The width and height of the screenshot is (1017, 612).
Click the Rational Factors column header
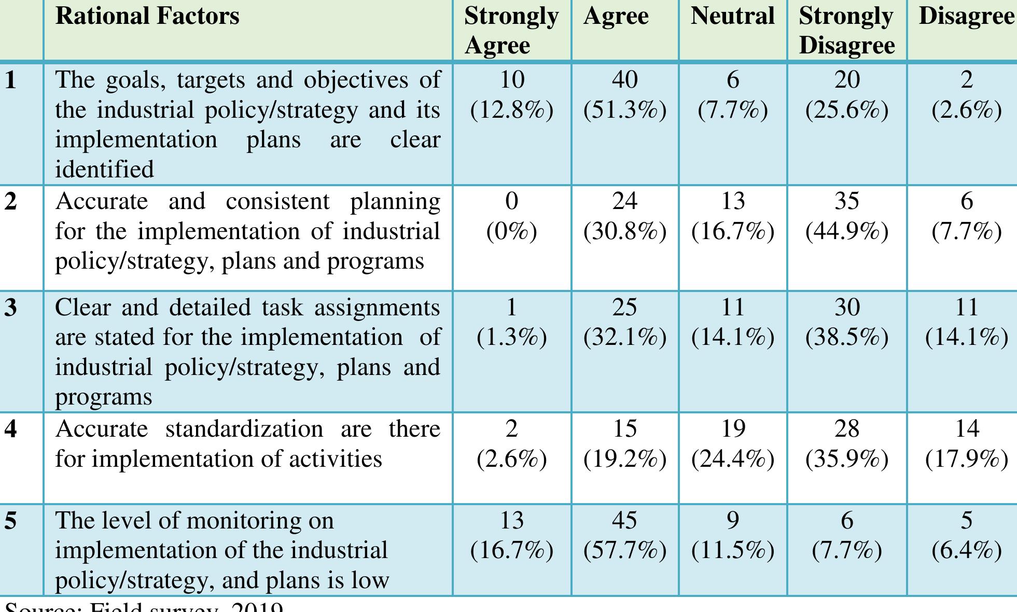click(x=147, y=17)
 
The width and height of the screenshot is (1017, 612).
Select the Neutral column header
click(x=732, y=17)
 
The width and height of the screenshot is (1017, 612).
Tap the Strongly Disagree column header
click(x=846, y=30)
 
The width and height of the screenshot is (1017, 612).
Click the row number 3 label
click(x=10, y=308)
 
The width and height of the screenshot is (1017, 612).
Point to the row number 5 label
click(x=10, y=521)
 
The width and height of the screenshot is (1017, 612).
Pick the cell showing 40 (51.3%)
click(x=624, y=94)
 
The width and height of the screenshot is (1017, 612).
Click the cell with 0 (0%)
click(x=511, y=216)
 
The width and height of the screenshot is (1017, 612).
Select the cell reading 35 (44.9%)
click(x=846, y=216)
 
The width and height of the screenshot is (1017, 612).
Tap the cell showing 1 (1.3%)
click(x=511, y=322)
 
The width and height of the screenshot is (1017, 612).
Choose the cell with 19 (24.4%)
click(x=732, y=443)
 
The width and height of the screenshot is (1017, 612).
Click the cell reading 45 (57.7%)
click(x=624, y=535)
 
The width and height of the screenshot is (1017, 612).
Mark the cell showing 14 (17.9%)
click(x=966, y=443)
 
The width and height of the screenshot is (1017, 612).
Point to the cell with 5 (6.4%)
click(x=966, y=535)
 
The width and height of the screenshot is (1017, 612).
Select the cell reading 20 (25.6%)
click(x=846, y=94)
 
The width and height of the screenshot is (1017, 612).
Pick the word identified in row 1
click(x=104, y=170)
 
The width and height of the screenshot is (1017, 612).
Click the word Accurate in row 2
click(x=102, y=201)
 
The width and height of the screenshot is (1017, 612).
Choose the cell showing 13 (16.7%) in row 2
click(x=732, y=216)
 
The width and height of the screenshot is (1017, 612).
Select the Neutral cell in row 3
click(x=732, y=322)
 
